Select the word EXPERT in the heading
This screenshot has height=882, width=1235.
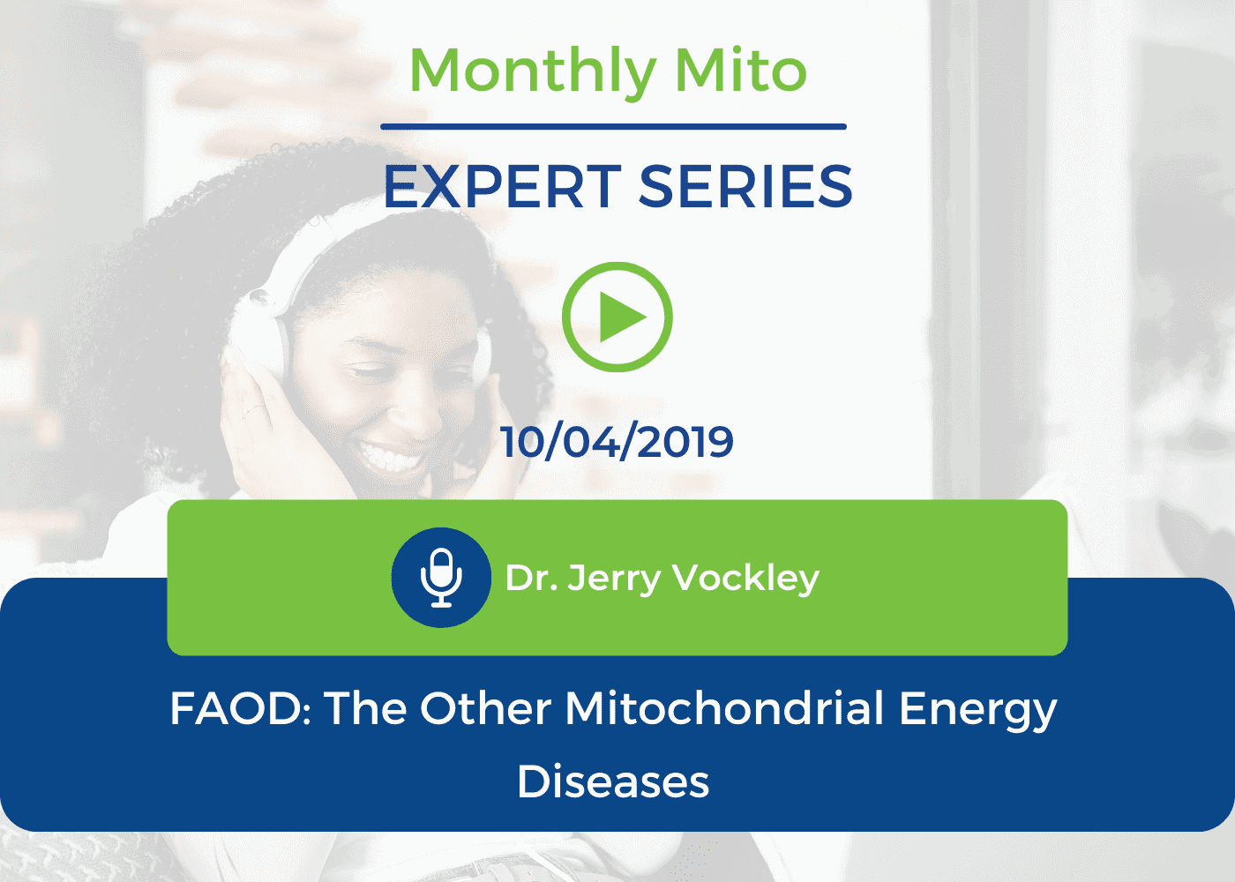(503, 187)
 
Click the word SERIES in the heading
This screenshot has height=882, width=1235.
(745, 187)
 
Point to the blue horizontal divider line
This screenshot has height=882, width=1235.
(613, 127)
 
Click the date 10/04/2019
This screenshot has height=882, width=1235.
(617, 442)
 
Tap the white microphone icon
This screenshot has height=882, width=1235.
(441, 578)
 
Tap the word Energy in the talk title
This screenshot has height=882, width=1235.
(977, 711)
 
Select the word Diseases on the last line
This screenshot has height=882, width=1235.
(612, 781)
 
